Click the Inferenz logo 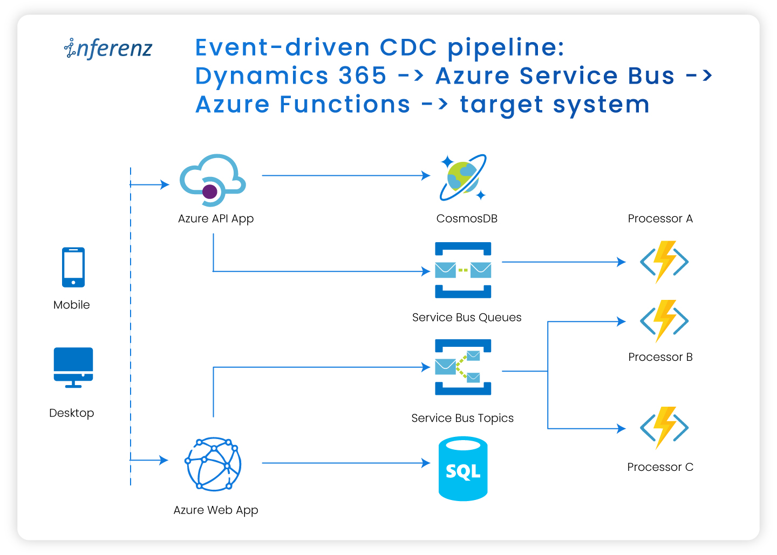[108, 48]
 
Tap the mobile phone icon [73, 267]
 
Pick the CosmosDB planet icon [463, 177]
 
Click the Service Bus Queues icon [463, 270]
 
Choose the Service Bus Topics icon [463, 367]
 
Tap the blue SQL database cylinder [463, 469]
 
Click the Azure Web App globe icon [213, 463]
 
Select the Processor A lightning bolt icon [664, 262]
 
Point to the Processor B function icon [664, 321]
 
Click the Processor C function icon [664, 428]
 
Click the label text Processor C [660, 467]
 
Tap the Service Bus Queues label [467, 317]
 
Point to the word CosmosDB [467, 218]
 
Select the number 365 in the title [363, 76]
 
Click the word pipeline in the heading [506, 47]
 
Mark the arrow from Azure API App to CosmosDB [345, 175]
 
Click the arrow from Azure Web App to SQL [345, 463]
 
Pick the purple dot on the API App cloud [210, 191]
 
